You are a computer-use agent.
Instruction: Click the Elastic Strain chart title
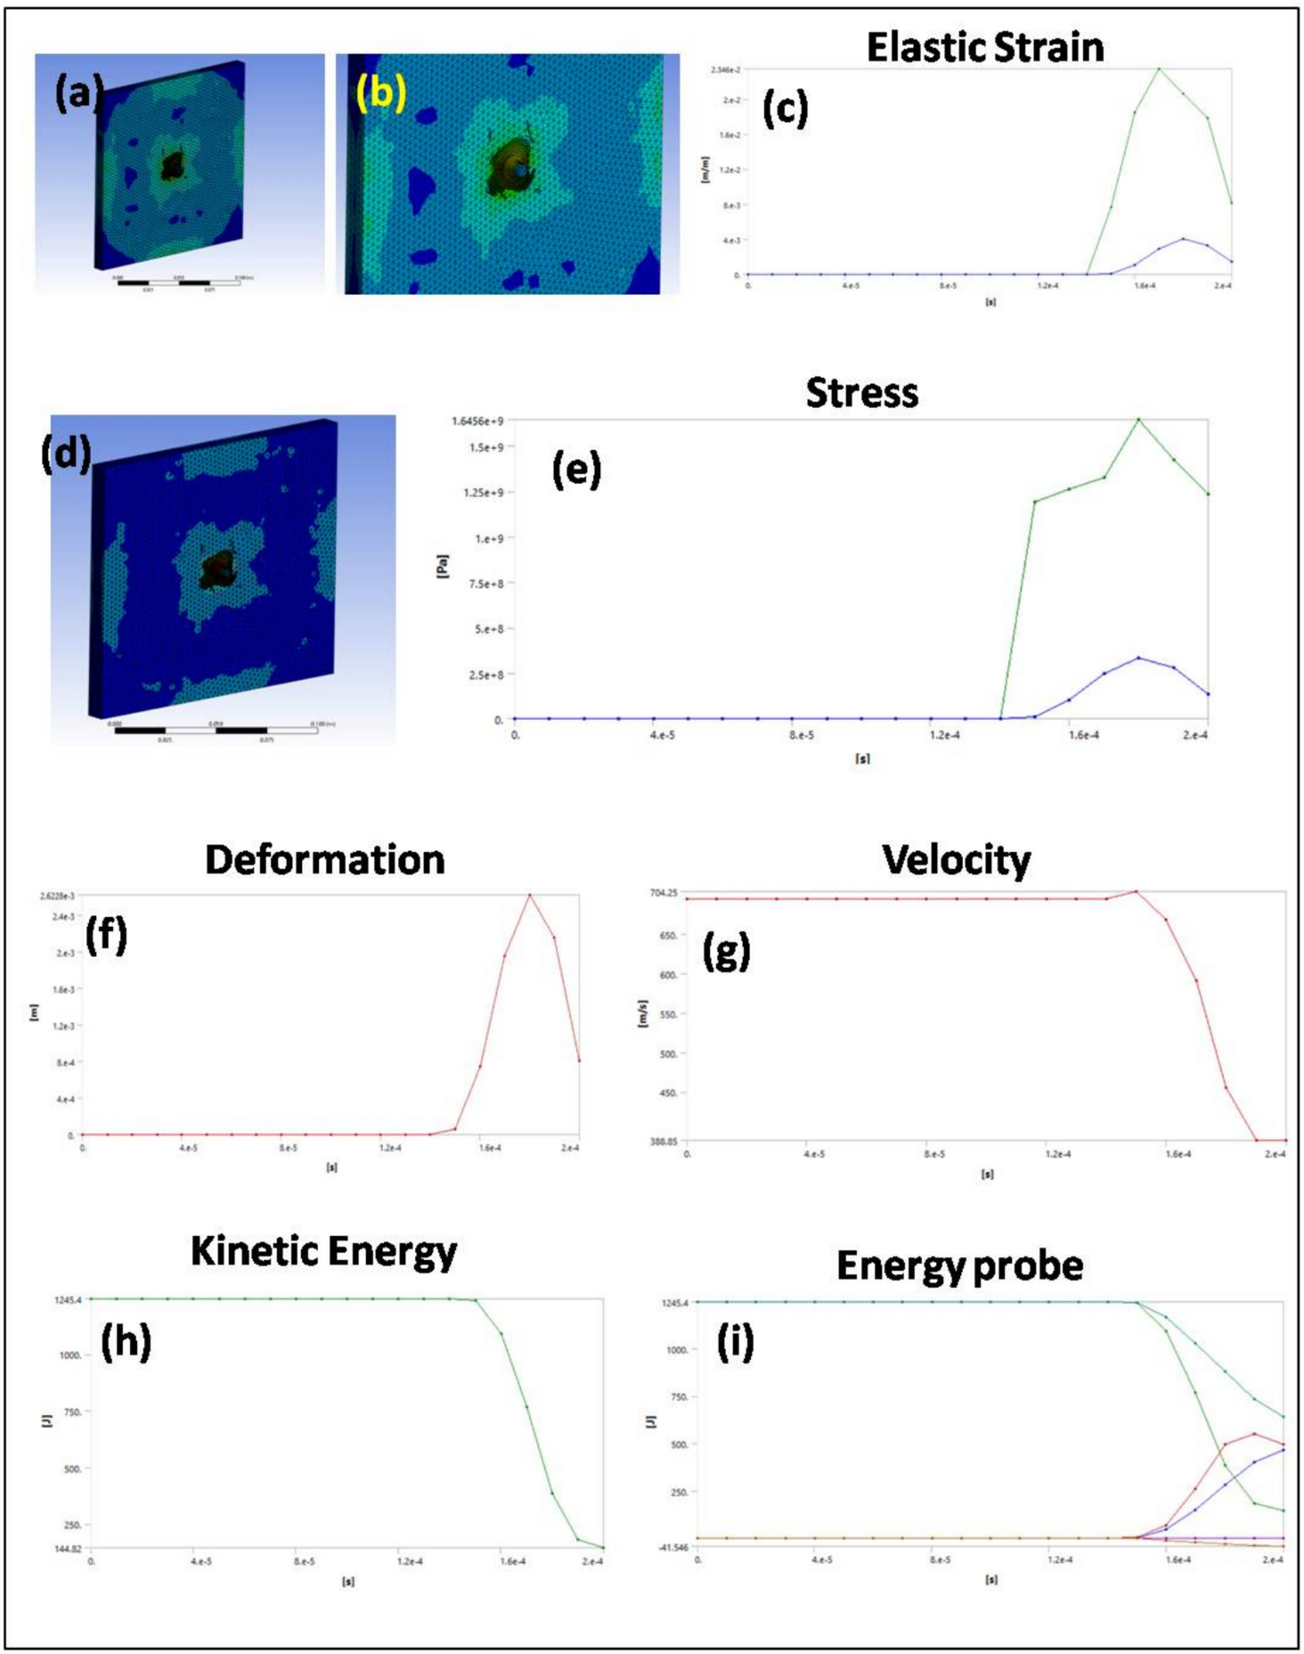(x=984, y=47)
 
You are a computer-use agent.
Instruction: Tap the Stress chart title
(x=861, y=393)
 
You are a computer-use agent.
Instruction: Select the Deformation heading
(x=324, y=860)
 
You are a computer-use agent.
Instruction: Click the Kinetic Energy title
(x=323, y=1251)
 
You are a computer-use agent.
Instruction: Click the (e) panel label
(x=576, y=470)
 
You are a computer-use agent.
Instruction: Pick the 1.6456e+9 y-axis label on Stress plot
(x=478, y=421)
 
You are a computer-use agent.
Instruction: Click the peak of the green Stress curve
(x=1138, y=420)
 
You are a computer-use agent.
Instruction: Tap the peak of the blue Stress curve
(x=1138, y=658)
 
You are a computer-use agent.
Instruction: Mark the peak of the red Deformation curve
(x=530, y=895)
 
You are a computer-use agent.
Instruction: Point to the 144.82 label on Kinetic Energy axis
(x=68, y=1549)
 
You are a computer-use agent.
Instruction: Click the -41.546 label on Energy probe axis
(x=673, y=1547)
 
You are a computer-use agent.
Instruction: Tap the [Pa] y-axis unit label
(x=442, y=566)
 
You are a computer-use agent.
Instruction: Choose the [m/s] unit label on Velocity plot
(x=643, y=1013)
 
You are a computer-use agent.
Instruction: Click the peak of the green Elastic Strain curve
(x=1159, y=69)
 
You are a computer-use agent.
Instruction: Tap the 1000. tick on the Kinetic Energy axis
(x=70, y=1355)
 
